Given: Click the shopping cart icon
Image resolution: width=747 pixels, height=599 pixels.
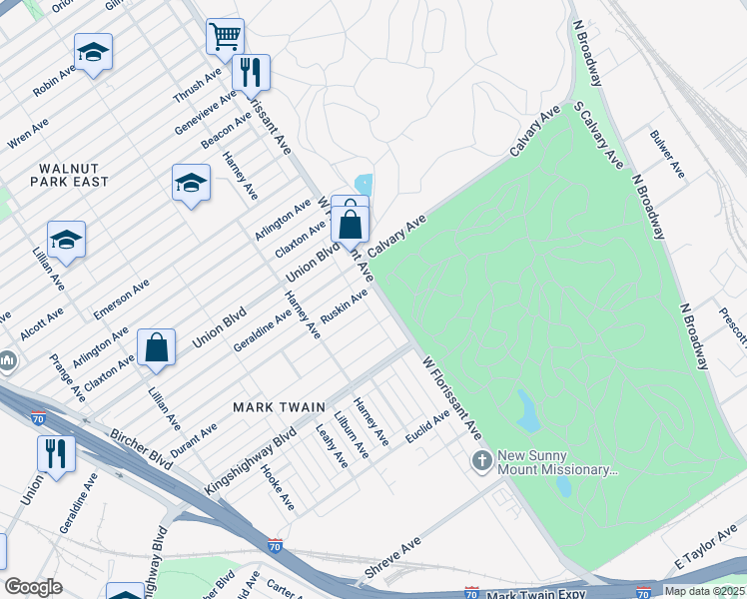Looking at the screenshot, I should [226, 36].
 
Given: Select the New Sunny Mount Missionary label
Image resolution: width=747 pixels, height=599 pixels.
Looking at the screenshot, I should [552, 462].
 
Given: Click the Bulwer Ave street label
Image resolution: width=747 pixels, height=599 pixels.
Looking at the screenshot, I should [667, 154].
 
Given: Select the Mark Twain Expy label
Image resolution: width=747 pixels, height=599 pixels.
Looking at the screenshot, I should [535, 595].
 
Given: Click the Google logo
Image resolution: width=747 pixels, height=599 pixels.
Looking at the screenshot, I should [33, 587].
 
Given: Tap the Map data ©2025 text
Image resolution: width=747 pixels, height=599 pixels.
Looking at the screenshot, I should [704, 591].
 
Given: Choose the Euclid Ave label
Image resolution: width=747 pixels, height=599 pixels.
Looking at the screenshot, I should [427, 428].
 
